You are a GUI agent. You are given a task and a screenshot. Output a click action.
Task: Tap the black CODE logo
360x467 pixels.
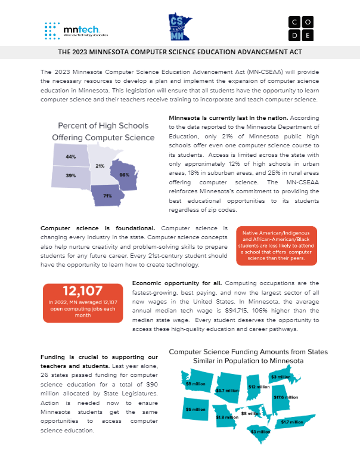[300, 28]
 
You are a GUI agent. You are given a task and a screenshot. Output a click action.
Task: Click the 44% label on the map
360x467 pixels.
[71, 156]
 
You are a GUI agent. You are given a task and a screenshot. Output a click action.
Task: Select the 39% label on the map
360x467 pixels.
[71, 175]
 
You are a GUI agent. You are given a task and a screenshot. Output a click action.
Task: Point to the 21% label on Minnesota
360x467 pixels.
[100, 165]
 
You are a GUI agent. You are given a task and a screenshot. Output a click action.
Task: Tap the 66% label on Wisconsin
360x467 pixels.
[124, 174]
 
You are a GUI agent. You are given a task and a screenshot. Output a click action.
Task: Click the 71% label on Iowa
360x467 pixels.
[107, 196]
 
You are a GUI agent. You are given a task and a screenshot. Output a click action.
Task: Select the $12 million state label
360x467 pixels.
[259, 387]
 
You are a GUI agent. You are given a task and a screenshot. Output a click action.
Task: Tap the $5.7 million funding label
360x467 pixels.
[227, 391]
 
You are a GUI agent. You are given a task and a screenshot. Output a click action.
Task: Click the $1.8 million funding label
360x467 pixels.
[227, 417]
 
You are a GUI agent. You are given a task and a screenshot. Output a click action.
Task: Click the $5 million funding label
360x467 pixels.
[195, 409]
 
